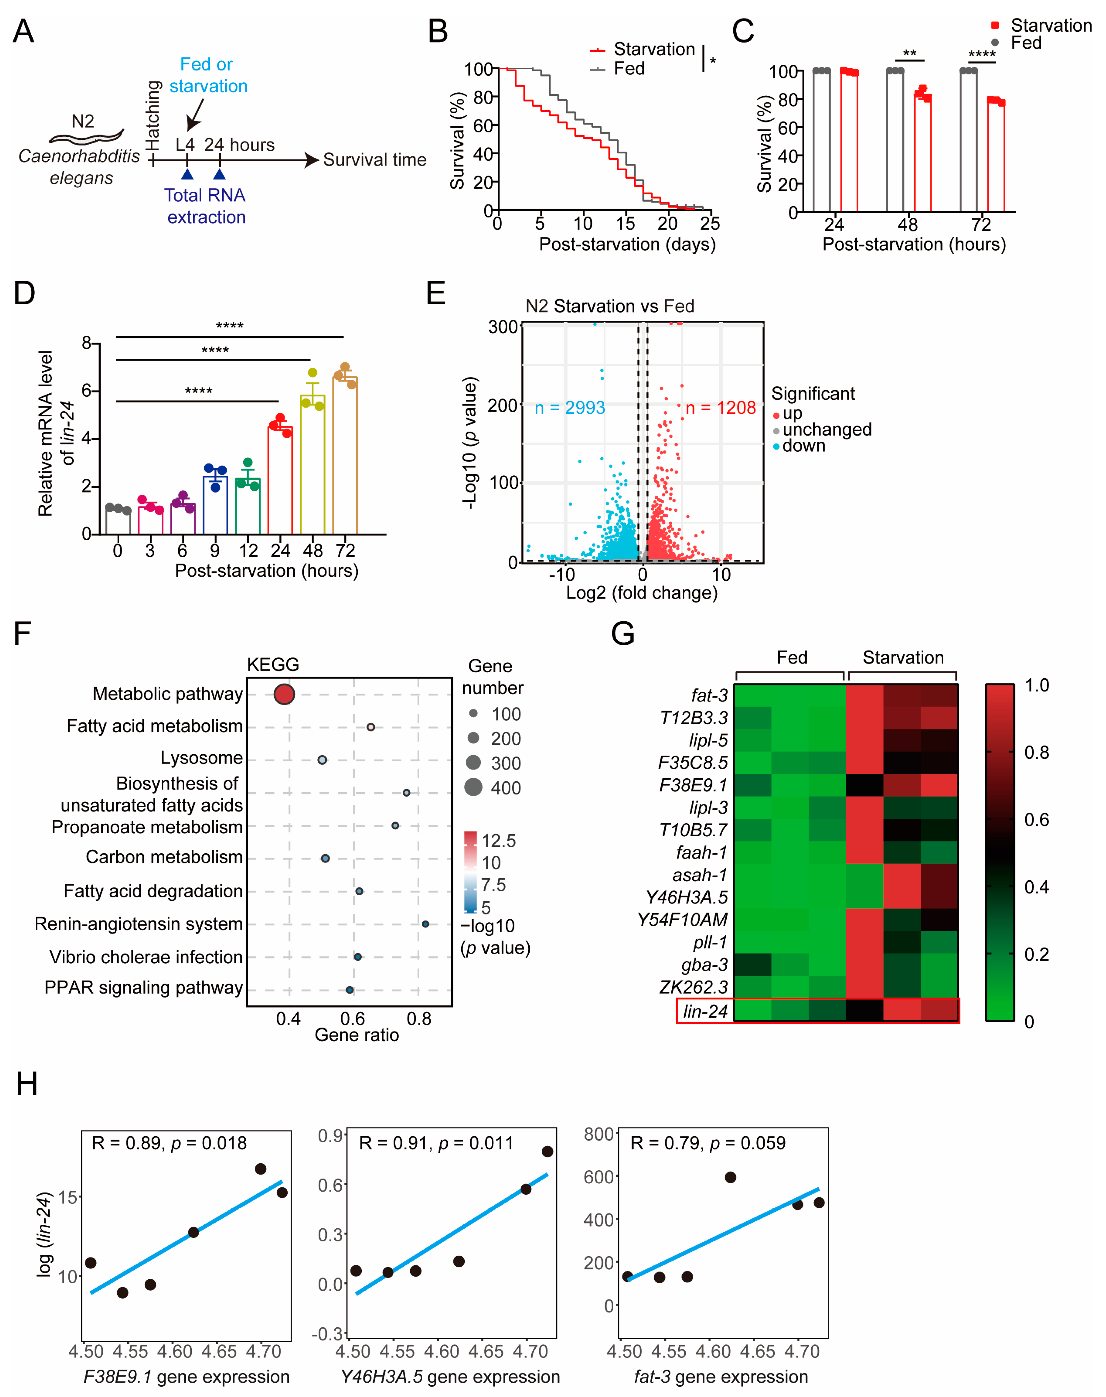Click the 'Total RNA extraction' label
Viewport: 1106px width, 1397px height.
click(x=205, y=206)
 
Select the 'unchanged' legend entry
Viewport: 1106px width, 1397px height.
click(x=826, y=430)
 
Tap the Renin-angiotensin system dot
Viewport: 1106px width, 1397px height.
click(x=425, y=924)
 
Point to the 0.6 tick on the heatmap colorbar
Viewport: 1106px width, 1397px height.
click(x=1036, y=820)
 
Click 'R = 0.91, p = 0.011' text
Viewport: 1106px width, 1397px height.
click(x=436, y=1143)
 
